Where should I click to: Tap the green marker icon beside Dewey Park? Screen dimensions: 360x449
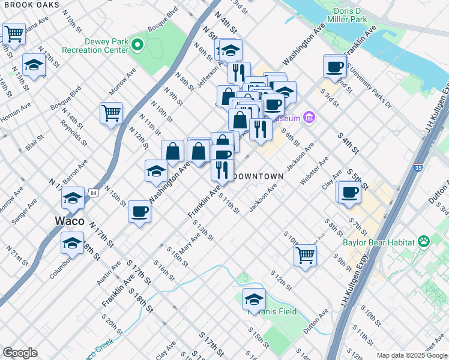coord(137,45)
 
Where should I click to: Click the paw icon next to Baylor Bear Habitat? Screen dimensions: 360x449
coord(424,242)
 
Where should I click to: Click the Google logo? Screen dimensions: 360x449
coord(20,352)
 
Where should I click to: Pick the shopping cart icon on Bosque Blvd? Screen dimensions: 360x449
coord(111,113)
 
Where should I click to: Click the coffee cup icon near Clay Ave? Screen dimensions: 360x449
coord(349,193)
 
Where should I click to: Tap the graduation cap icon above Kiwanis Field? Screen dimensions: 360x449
coord(254,299)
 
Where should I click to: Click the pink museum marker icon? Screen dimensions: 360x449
coord(309,117)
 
